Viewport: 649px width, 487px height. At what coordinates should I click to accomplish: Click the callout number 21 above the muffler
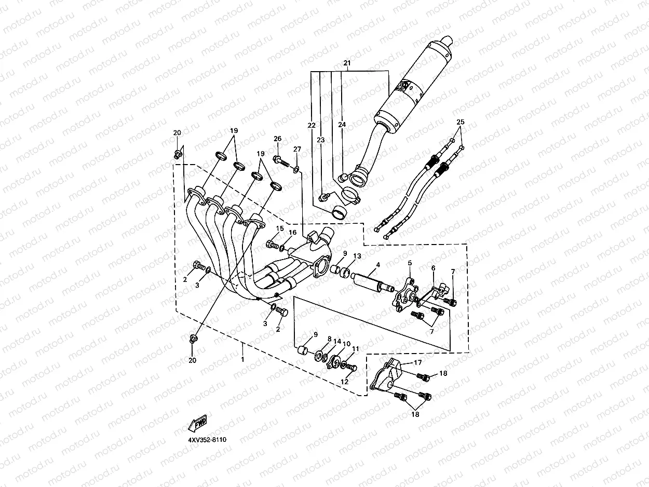coord(347,63)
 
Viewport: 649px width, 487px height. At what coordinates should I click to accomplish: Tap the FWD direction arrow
coord(197,423)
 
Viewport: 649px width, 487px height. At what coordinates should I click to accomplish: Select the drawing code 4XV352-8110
coord(207,440)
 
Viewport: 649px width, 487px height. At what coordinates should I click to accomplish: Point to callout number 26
coord(277,139)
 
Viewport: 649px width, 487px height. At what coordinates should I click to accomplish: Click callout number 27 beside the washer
coord(297,150)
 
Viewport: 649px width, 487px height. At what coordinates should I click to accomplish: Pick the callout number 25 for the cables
coord(460,123)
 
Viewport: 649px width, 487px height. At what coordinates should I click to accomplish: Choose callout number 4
coord(378,265)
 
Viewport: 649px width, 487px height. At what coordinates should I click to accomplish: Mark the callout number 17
coord(417,363)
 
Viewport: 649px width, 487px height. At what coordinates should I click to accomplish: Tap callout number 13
coord(357,256)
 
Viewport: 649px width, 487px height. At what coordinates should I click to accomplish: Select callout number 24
coord(342,125)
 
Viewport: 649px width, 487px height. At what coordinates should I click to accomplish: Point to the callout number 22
coord(311,125)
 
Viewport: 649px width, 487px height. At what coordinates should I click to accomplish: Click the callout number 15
coord(280,228)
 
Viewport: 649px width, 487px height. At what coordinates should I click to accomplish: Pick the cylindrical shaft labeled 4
coord(370,282)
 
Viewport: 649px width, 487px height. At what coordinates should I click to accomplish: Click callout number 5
coord(409,263)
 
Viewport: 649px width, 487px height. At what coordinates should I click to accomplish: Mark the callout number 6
coord(433,268)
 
